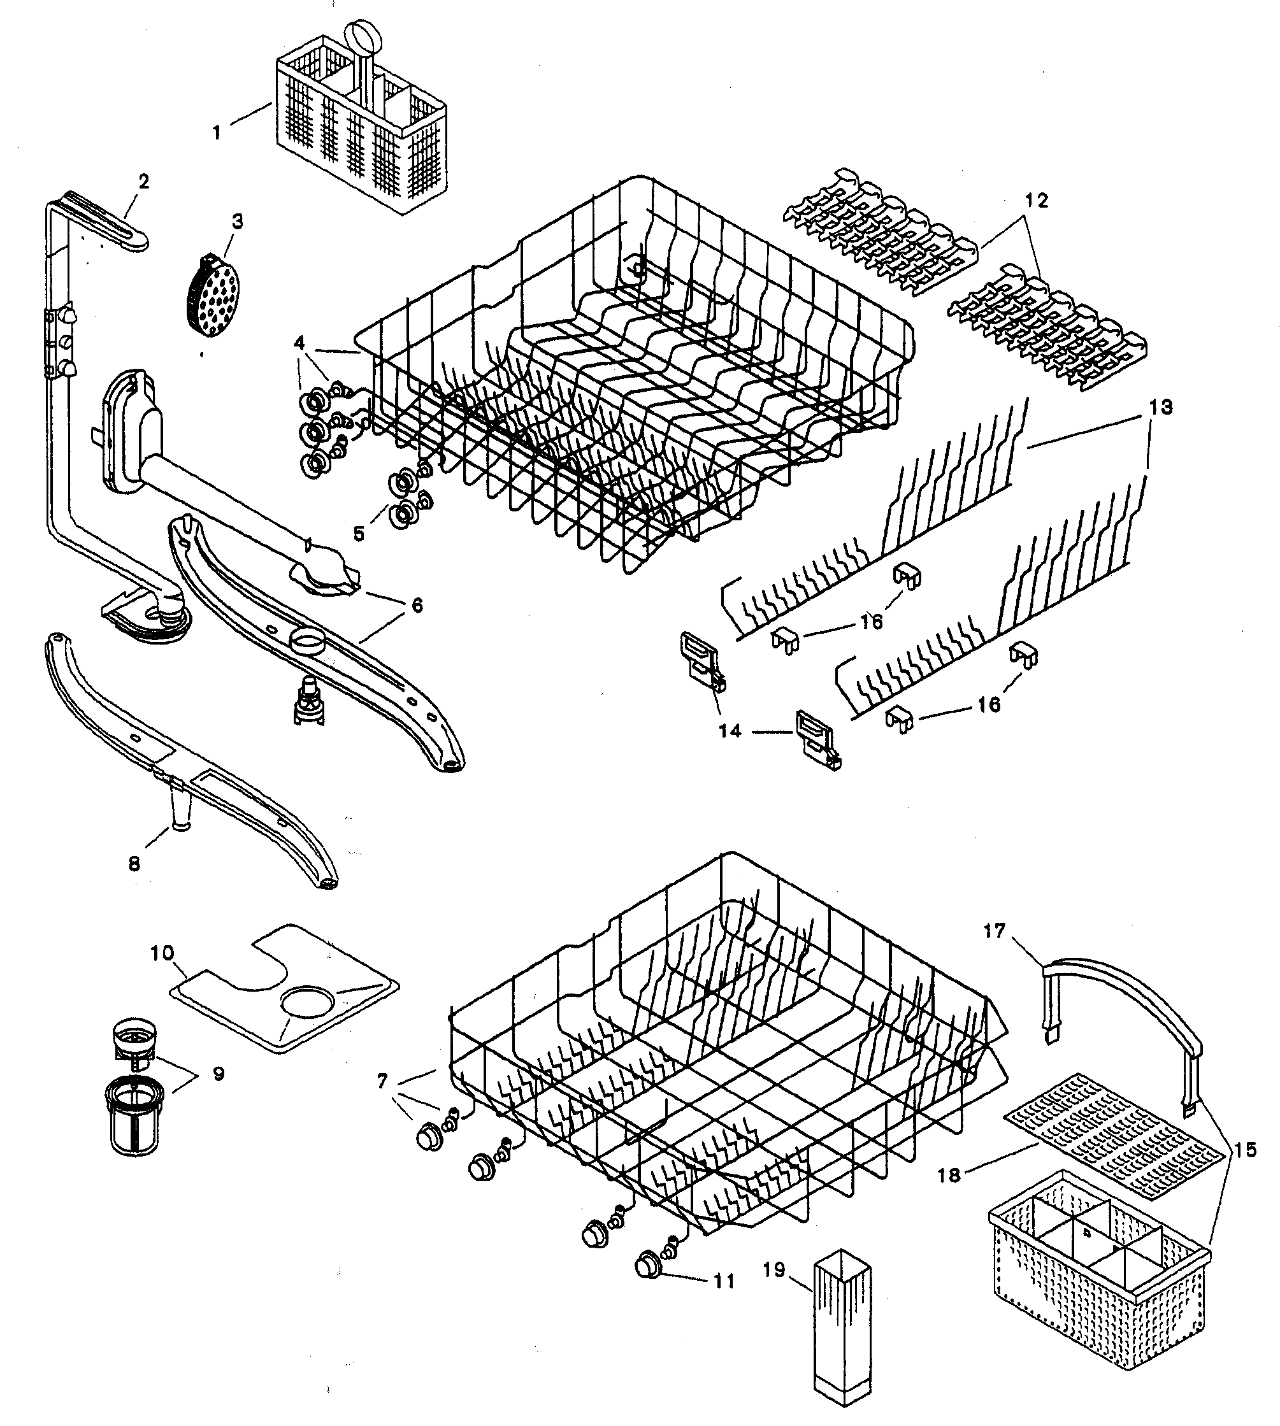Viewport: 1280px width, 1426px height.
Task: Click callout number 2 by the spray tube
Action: (x=143, y=182)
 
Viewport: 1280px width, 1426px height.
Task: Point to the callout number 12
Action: (x=1037, y=201)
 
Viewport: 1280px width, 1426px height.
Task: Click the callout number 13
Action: (x=1161, y=407)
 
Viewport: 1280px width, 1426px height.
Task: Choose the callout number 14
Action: (x=730, y=731)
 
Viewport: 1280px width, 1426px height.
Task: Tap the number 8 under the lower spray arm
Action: (x=135, y=864)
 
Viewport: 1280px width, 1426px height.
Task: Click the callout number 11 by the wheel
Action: (x=724, y=1281)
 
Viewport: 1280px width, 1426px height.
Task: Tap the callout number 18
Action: (x=949, y=1175)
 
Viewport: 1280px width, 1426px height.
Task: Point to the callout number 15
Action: (x=1245, y=1151)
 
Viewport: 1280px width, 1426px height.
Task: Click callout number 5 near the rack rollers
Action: (x=359, y=534)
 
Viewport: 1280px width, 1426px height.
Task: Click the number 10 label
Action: (x=162, y=954)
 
